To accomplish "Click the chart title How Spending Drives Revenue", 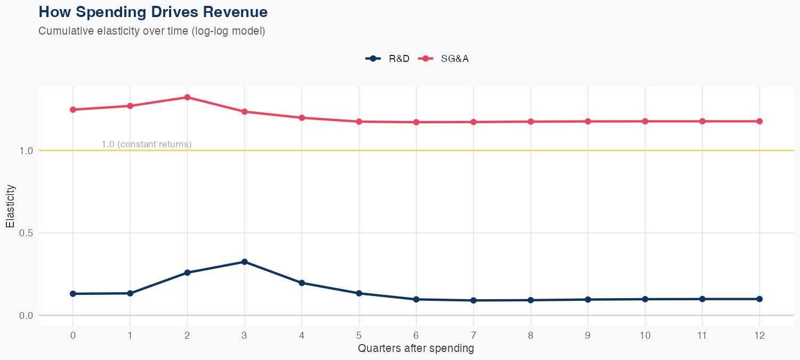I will [x=153, y=12].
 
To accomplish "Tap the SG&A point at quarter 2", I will [x=187, y=97].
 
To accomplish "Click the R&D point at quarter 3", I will [x=244, y=262].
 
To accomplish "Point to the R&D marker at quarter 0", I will [x=73, y=294].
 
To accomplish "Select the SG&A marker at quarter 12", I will [x=759, y=121].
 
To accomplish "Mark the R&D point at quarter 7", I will [x=473, y=300].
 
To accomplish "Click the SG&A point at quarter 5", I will [x=359, y=122].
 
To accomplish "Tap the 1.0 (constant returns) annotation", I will [x=146, y=144].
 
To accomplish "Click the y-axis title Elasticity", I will [x=10, y=206].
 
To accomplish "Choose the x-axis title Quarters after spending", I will [x=415, y=349].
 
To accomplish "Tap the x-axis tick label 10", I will [x=645, y=335].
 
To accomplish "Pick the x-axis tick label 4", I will [x=302, y=335].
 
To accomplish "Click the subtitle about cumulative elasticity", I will [x=151, y=31].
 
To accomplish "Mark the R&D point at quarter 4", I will [x=302, y=283].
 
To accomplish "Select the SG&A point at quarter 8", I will [x=530, y=122].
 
